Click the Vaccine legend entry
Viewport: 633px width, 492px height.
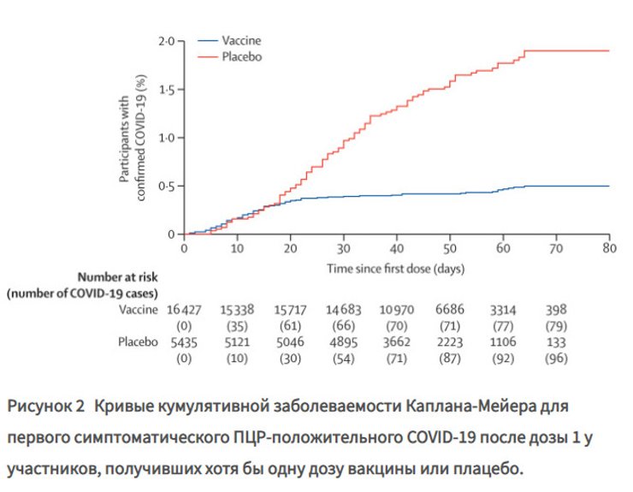coord(241,40)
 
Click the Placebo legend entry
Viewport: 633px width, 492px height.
coord(241,56)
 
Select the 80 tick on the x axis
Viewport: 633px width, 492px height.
coord(609,248)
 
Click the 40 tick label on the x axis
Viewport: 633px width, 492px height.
coord(396,248)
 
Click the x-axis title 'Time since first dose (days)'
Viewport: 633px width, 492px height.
coord(396,268)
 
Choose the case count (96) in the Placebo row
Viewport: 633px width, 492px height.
coord(555,357)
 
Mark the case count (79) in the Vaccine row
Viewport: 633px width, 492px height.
coord(555,325)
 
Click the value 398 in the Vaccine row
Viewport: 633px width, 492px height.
coord(555,310)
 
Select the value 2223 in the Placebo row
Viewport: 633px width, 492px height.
coord(449,341)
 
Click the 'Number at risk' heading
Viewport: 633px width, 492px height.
coord(118,277)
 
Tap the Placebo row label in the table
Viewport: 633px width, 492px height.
coord(138,341)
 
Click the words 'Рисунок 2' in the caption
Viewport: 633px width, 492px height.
coord(46,404)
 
